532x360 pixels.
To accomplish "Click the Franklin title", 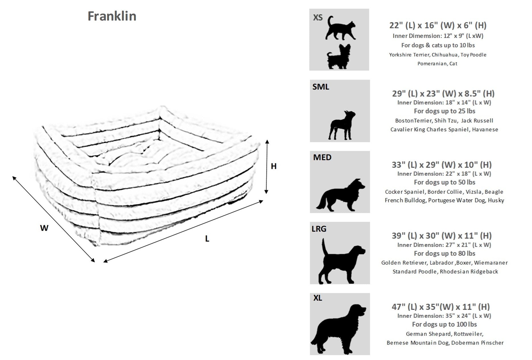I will coord(112,16).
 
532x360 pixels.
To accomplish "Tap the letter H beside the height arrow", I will coord(273,166).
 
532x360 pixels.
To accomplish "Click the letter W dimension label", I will coord(44,228).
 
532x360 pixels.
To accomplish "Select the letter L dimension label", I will coord(207,239).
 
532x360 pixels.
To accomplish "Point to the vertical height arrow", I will coord(266,167).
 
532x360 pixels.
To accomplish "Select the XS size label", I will coord(318,18).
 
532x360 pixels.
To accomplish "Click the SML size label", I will coord(321,87).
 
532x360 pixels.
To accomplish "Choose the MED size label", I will coord(322,157).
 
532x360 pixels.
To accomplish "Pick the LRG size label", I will coord(319,229).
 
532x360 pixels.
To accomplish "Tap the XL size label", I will coord(318,298).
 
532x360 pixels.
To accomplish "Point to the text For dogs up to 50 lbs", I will coord(444,182).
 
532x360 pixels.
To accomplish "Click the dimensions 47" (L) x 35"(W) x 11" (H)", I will coord(441,307).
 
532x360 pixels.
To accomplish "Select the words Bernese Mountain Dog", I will coord(418,343).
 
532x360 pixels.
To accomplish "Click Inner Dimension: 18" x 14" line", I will coord(444,103).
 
